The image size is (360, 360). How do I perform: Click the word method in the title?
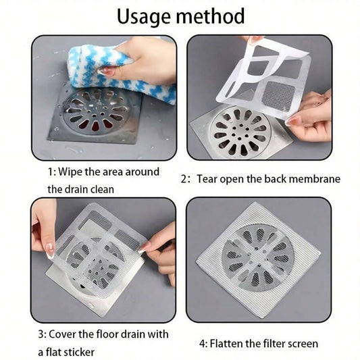(x=211, y=16)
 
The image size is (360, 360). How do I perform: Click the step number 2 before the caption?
(x=184, y=180)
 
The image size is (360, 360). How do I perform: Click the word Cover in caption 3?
(x=76, y=335)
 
